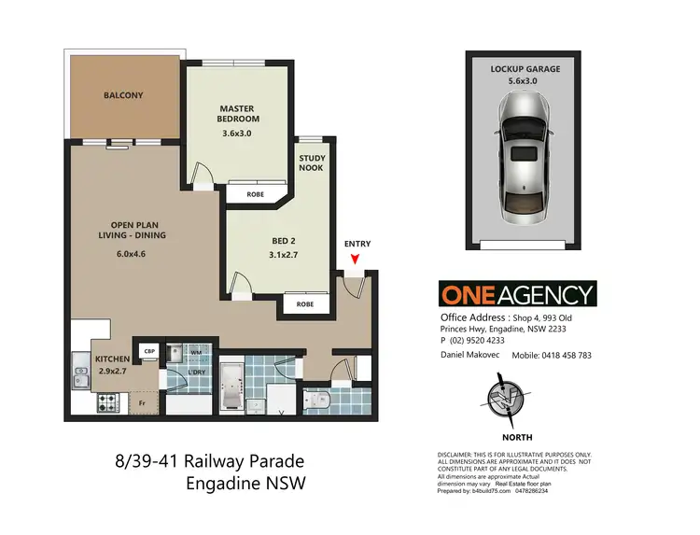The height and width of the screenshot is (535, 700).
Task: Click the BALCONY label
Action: (x=123, y=94)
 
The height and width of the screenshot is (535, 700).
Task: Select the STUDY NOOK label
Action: (x=312, y=164)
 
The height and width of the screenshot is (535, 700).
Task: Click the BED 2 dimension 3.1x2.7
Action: (x=276, y=254)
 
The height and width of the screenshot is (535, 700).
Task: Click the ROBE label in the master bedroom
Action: (x=255, y=194)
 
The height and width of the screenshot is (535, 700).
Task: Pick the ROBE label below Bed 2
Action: (x=305, y=304)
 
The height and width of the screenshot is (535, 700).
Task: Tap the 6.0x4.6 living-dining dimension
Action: (x=131, y=254)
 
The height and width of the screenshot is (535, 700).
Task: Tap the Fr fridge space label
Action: (x=142, y=402)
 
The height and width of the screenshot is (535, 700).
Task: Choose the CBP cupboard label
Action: (x=148, y=351)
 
